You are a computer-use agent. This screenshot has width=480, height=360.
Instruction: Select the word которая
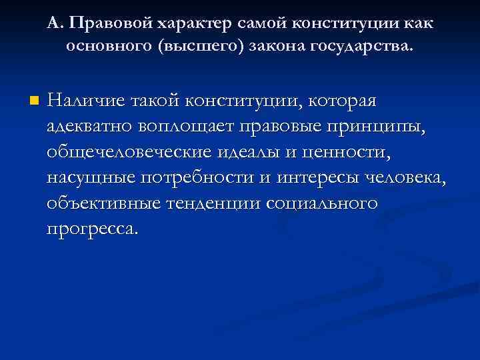345,101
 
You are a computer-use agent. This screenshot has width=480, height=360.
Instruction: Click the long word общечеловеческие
128,152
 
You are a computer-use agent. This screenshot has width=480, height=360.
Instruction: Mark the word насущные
90,177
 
